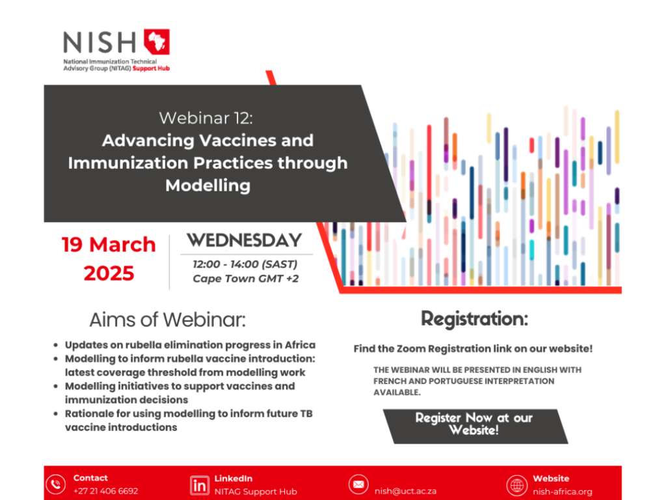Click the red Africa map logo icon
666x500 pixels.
[x=156, y=42]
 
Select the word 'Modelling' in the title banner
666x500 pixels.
[x=207, y=185]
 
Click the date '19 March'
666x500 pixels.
[x=109, y=245]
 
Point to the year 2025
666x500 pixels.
[x=109, y=273]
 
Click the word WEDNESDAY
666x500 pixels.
[x=245, y=240]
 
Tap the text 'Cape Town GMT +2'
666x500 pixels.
[x=245, y=279]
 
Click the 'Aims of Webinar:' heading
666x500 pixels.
[x=168, y=320]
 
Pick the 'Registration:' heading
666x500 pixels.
[x=474, y=319]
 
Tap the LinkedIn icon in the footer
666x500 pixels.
[x=199, y=485]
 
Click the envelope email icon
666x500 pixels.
[x=358, y=485]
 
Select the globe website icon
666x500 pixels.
[x=516, y=485]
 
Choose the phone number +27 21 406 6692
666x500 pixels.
[x=105, y=492]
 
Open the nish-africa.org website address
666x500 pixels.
[x=563, y=492]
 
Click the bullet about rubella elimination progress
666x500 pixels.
[x=190, y=344]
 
